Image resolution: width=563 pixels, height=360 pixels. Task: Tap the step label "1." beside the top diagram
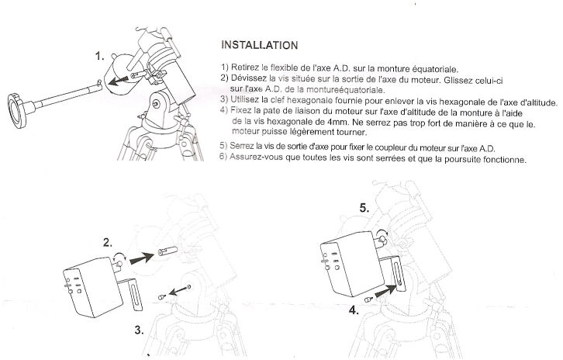pos(100,57)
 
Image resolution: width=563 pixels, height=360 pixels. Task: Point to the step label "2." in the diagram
pos(109,241)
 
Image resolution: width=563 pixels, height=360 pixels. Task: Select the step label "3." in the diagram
pos(139,329)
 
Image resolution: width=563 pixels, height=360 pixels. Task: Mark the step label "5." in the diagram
pos(364,209)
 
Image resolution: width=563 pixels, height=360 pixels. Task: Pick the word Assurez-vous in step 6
pos(260,160)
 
